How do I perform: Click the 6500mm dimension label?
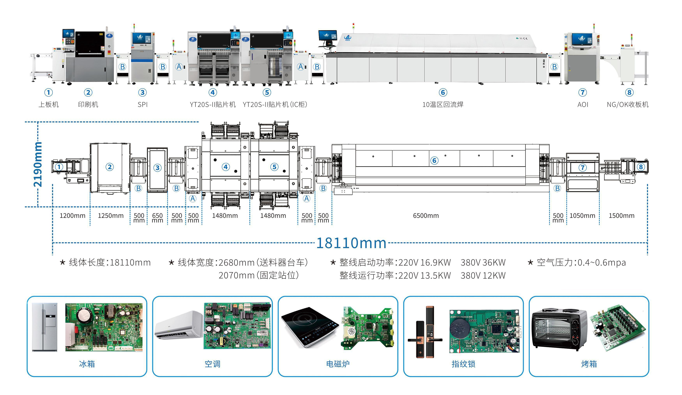pos(426,216)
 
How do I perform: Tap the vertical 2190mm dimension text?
pos(38,164)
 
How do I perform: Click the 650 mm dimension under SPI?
pos(157,218)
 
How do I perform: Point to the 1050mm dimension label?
pos(582,216)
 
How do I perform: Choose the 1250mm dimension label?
pos(110,216)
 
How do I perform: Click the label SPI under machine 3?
pos(143,105)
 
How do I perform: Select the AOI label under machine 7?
pos(583,105)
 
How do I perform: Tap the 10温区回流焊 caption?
pos(443,105)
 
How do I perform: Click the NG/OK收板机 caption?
pos(627,105)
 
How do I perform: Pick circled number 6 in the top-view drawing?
pos(434,160)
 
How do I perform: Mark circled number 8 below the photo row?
pos(629,93)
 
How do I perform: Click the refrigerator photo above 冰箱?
pos(45,327)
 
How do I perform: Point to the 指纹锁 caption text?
pos(463,364)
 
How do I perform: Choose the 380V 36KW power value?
pos(483,263)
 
